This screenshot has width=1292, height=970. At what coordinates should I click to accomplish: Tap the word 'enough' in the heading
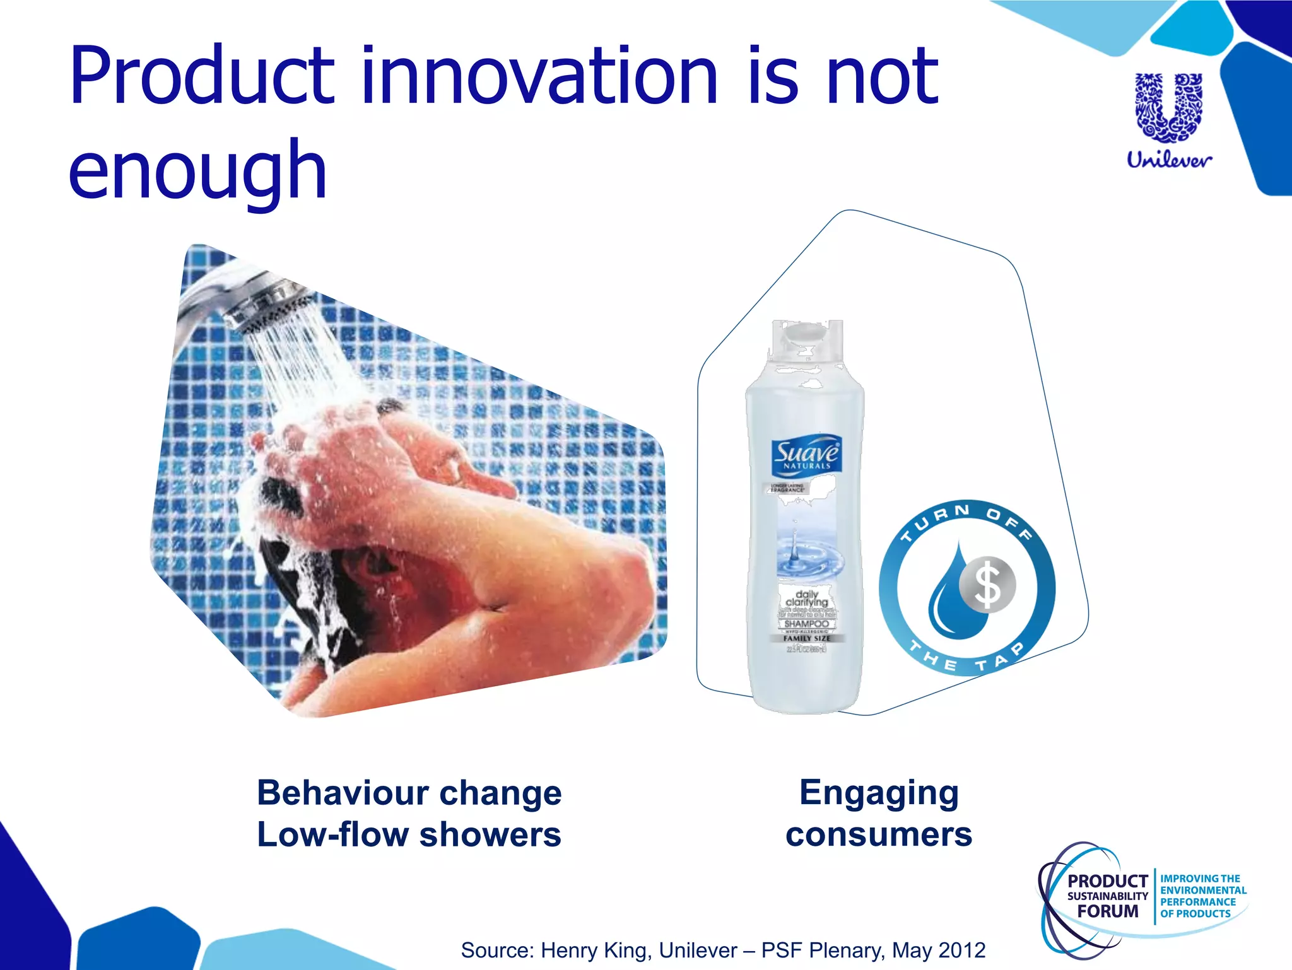197,170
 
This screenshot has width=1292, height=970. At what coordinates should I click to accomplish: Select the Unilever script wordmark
1169,160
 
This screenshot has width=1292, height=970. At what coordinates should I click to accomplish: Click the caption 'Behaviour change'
409,793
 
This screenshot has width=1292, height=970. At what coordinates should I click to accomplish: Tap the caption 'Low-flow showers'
409,834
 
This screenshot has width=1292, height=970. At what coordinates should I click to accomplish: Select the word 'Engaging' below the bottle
879,793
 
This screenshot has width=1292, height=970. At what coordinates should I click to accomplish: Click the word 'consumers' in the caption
879,834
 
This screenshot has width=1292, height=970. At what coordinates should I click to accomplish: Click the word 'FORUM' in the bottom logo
1108,911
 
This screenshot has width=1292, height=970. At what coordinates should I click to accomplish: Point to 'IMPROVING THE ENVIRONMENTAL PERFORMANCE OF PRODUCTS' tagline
1203,896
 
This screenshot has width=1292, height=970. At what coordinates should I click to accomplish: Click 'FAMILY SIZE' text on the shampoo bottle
807,638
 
